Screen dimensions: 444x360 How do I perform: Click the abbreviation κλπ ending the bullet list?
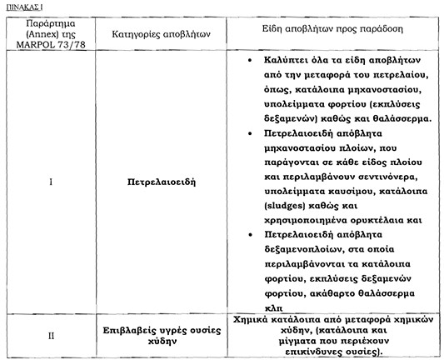[272, 307]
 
